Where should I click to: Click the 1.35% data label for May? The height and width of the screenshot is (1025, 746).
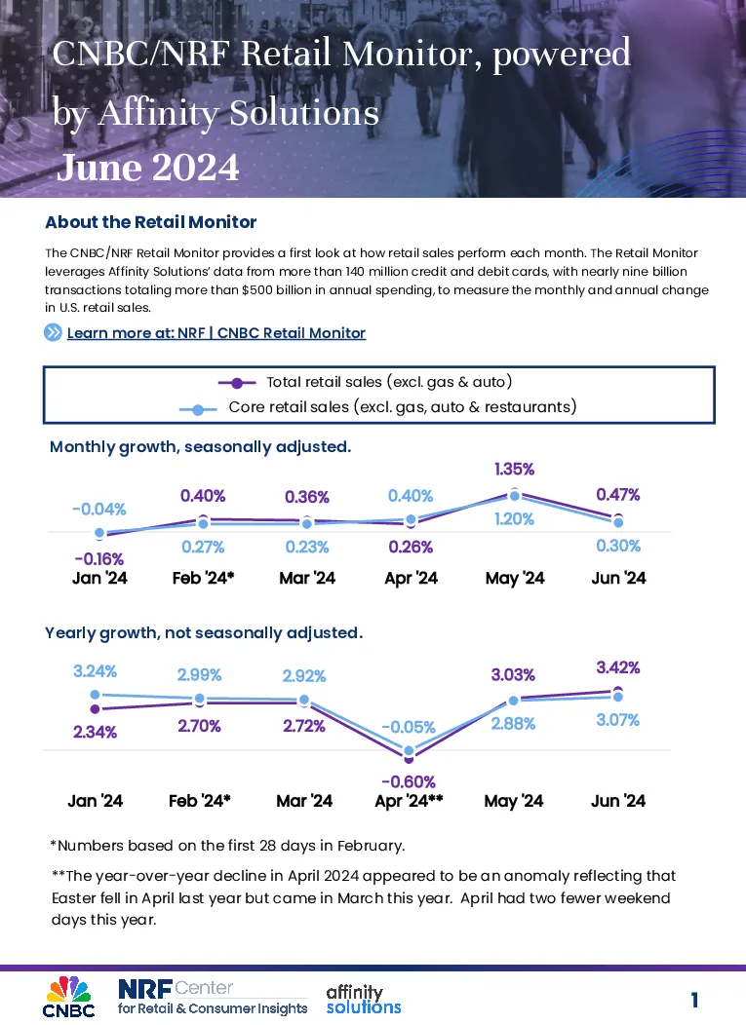tap(514, 470)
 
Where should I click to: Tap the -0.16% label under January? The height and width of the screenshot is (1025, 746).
tap(99, 559)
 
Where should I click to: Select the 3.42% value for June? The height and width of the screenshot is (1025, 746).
tap(617, 667)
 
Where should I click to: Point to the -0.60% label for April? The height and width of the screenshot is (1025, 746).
tap(409, 781)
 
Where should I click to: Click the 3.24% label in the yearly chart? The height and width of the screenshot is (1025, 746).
tap(95, 671)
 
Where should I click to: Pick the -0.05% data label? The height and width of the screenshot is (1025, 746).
tap(409, 727)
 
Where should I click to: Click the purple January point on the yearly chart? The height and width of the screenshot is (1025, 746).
tap(95, 708)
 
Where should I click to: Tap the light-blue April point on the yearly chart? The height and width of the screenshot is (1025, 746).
tap(409, 751)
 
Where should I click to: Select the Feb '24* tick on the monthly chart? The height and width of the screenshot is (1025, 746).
tap(204, 578)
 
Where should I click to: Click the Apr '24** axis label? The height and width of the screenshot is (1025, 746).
tap(409, 801)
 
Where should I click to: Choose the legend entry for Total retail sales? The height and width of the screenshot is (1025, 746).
tap(365, 382)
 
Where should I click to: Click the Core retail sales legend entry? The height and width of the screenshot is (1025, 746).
tap(378, 407)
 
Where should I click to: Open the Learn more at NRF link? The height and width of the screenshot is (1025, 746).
tap(216, 332)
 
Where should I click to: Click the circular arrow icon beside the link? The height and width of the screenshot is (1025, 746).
tap(53, 332)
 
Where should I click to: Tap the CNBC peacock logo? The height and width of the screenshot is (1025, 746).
tap(68, 997)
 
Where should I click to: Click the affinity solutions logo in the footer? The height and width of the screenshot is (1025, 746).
tap(364, 1000)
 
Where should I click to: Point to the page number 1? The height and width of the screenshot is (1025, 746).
tap(694, 1000)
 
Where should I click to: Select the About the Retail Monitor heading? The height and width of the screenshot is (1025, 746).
tap(150, 222)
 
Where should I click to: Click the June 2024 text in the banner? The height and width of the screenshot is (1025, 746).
tap(148, 168)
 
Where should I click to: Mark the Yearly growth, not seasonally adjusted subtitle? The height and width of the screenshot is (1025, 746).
tap(204, 632)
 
